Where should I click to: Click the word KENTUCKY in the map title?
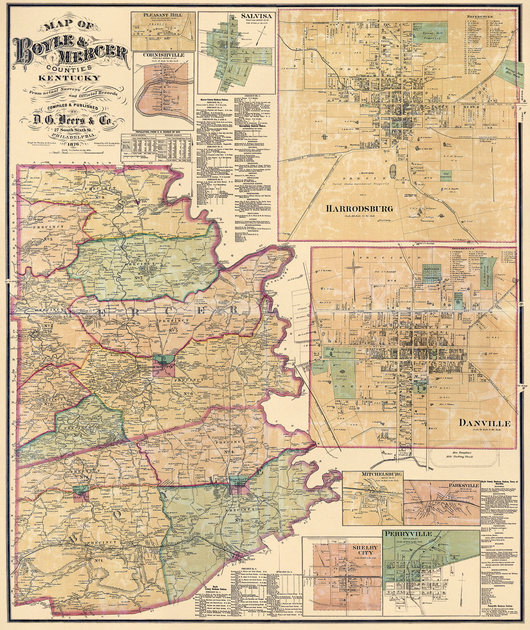coord(69,78)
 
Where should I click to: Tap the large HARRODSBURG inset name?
coord(359,209)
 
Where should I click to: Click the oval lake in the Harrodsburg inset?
coord(393,169)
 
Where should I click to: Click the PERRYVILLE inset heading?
coord(408,535)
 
